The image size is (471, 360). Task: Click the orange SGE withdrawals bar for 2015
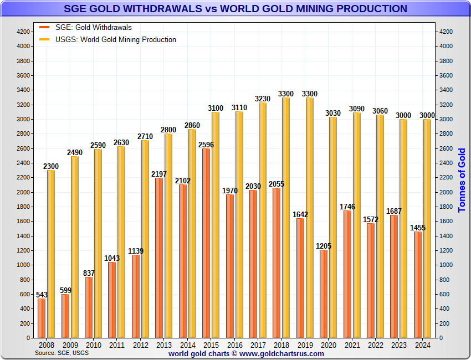206,243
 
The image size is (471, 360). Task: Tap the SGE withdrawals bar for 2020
324,294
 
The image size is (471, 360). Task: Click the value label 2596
206,145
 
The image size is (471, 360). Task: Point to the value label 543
42,295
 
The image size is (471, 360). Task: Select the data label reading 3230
263,99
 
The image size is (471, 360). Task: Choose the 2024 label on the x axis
423,344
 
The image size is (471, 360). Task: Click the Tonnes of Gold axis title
462,180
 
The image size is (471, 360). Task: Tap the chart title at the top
235,9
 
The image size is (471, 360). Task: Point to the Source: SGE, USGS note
62,353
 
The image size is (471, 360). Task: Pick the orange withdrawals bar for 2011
112,300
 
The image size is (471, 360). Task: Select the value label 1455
418,228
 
